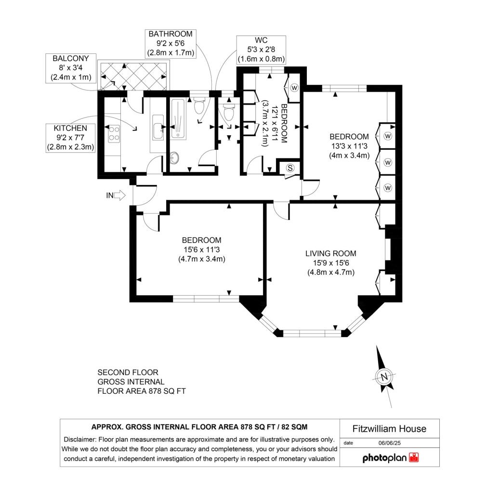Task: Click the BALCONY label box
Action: pos(71,68)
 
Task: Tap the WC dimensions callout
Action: pos(261,50)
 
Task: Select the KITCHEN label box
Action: pos(70,138)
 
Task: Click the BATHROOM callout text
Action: pos(171,43)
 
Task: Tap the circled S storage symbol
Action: pos(290,168)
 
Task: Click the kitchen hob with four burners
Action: pos(114,134)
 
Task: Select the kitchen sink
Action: pos(158,127)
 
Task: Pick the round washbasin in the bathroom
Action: pos(174,157)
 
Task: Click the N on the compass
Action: pos(384,376)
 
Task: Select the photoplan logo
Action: pos(391,458)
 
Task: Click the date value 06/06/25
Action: pos(390,443)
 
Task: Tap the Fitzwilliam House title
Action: pos(390,429)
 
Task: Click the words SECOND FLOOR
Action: pos(128,373)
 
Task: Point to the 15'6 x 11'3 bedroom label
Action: pos(202,250)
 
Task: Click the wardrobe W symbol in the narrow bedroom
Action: pos(294,88)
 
